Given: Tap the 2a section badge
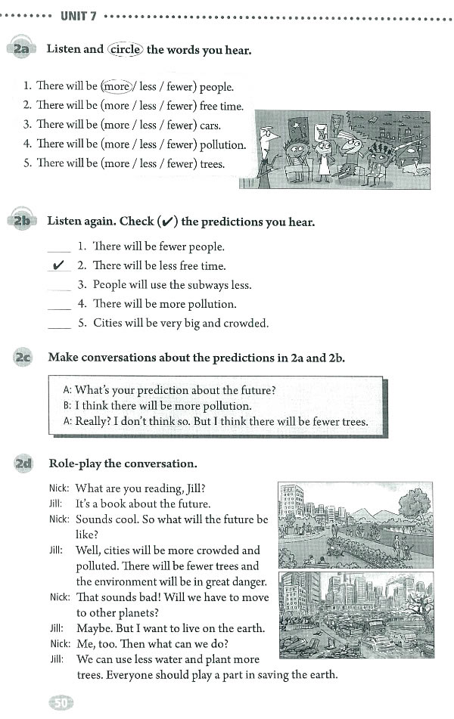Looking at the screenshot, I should coord(20,50).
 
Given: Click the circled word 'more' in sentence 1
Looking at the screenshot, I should coord(116,86).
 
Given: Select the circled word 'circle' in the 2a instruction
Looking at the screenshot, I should coord(125,49).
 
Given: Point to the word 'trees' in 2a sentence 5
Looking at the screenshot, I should coord(209,163).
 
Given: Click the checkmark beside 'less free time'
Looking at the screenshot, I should coord(58,265).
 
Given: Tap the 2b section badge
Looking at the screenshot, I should coord(20,222).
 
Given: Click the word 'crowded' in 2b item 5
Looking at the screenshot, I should coord(244,323).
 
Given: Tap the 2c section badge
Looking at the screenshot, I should coord(21,358).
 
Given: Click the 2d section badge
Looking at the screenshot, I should coord(21,463).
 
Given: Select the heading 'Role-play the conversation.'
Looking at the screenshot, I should coord(123,463).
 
